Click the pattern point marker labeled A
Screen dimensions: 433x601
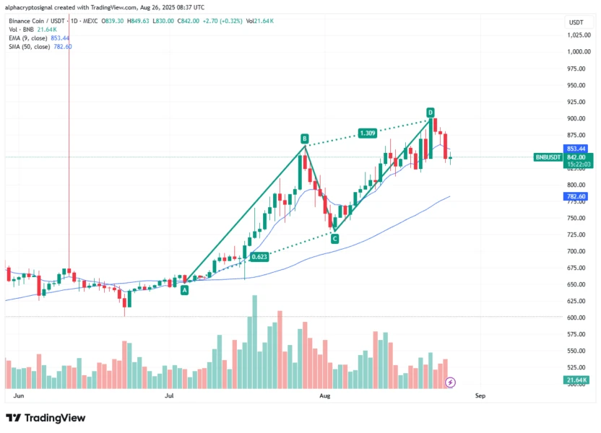184,289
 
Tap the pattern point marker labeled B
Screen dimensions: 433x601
305,138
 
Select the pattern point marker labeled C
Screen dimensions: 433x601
334,238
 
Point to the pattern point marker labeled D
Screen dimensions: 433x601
430,113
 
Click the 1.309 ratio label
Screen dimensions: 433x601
368,133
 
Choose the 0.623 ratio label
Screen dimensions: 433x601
259,256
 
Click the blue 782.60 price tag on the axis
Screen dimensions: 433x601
576,196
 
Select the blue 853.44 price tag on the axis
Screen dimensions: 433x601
576,149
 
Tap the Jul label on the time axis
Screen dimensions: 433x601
170,395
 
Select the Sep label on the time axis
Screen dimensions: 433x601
480,395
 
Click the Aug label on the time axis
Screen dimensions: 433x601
325,395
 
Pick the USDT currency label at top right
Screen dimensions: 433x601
576,22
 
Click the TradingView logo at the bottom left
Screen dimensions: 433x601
46,418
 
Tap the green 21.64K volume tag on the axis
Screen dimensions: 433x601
576,380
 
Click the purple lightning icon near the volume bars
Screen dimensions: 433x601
451,381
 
